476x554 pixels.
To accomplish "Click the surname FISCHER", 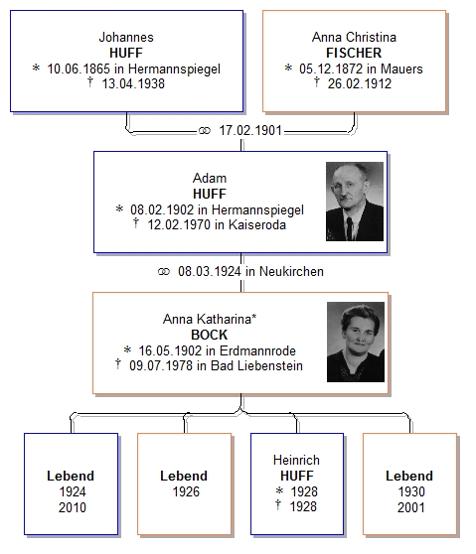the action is coord(354,53).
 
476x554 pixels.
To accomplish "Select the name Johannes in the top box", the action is coord(126,37).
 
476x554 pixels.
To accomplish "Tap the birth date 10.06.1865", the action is coord(79,69).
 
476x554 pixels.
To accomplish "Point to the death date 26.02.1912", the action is coord(360,83).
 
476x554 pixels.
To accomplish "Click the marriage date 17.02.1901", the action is coord(250,130).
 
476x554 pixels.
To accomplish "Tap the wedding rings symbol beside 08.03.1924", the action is coord(164,271).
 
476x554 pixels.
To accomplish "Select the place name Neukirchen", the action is coord(291,271).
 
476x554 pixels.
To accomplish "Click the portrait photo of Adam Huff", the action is coord(355,202).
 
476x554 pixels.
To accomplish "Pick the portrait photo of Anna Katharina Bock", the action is coord(356,342).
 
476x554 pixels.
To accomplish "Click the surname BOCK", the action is coord(210,335).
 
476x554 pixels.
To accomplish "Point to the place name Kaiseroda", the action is coord(257,224).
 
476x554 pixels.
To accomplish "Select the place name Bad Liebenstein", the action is coord(256,365).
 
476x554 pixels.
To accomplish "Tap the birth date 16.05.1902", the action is coord(170,350).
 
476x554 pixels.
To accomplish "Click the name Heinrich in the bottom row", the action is coord(296,460).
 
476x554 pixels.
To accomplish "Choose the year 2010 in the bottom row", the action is coord(73,507).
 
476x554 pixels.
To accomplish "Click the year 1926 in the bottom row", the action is coord(186,491).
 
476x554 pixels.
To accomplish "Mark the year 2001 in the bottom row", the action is coord(411,507).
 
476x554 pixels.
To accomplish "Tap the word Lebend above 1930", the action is coord(409,476).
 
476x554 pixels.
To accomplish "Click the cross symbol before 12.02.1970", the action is coord(136,223).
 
